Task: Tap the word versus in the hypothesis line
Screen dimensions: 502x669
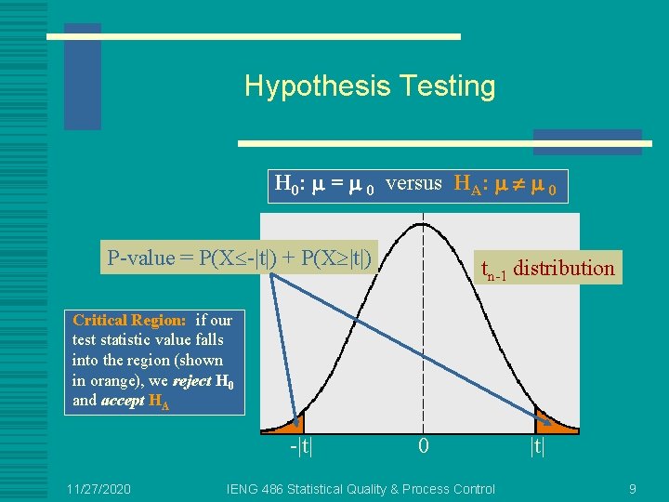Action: tap(413, 183)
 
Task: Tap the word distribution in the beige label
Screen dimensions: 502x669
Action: tap(564, 269)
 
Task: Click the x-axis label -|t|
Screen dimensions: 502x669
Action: tap(299, 446)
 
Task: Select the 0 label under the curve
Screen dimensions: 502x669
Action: tap(424, 446)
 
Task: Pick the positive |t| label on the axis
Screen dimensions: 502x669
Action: tap(536, 446)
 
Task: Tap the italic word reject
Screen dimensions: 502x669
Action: tap(192, 380)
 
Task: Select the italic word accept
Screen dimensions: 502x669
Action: tap(123, 401)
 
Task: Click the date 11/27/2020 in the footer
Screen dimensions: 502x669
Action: tap(98, 489)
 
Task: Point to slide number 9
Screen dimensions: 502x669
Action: tap(632, 489)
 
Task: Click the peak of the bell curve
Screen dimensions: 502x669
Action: tap(424, 221)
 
